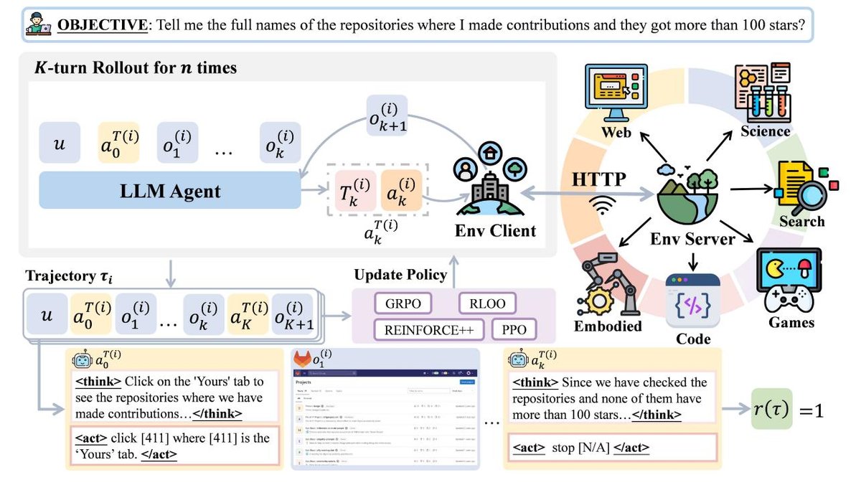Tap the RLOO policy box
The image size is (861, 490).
pos(488,304)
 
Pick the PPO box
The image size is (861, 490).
pos(514,330)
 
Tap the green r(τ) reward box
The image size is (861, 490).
pos(770,411)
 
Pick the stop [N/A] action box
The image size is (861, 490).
pos(611,447)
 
